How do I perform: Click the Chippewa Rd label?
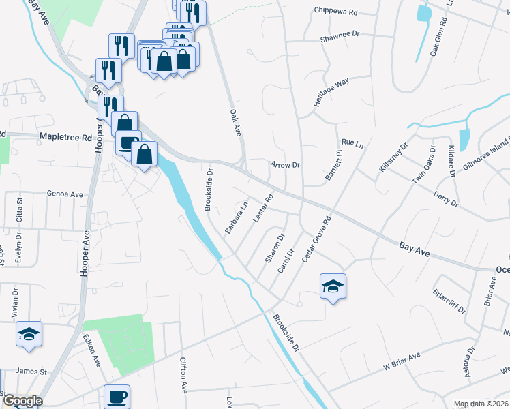pos(336,12)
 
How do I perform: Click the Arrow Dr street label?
pos(286,165)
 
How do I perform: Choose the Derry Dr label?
pos(446,198)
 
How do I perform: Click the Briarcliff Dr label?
pos(449,299)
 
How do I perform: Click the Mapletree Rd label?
pos(65,137)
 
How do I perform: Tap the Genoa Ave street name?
pos(65,194)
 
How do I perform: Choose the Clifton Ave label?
pos(183,376)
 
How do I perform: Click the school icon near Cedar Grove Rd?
pos(333,286)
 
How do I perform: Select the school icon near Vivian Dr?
pos(29,333)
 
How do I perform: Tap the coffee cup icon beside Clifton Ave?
pos(117,396)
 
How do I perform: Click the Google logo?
pos(22,401)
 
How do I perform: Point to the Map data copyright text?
pos(480,404)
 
